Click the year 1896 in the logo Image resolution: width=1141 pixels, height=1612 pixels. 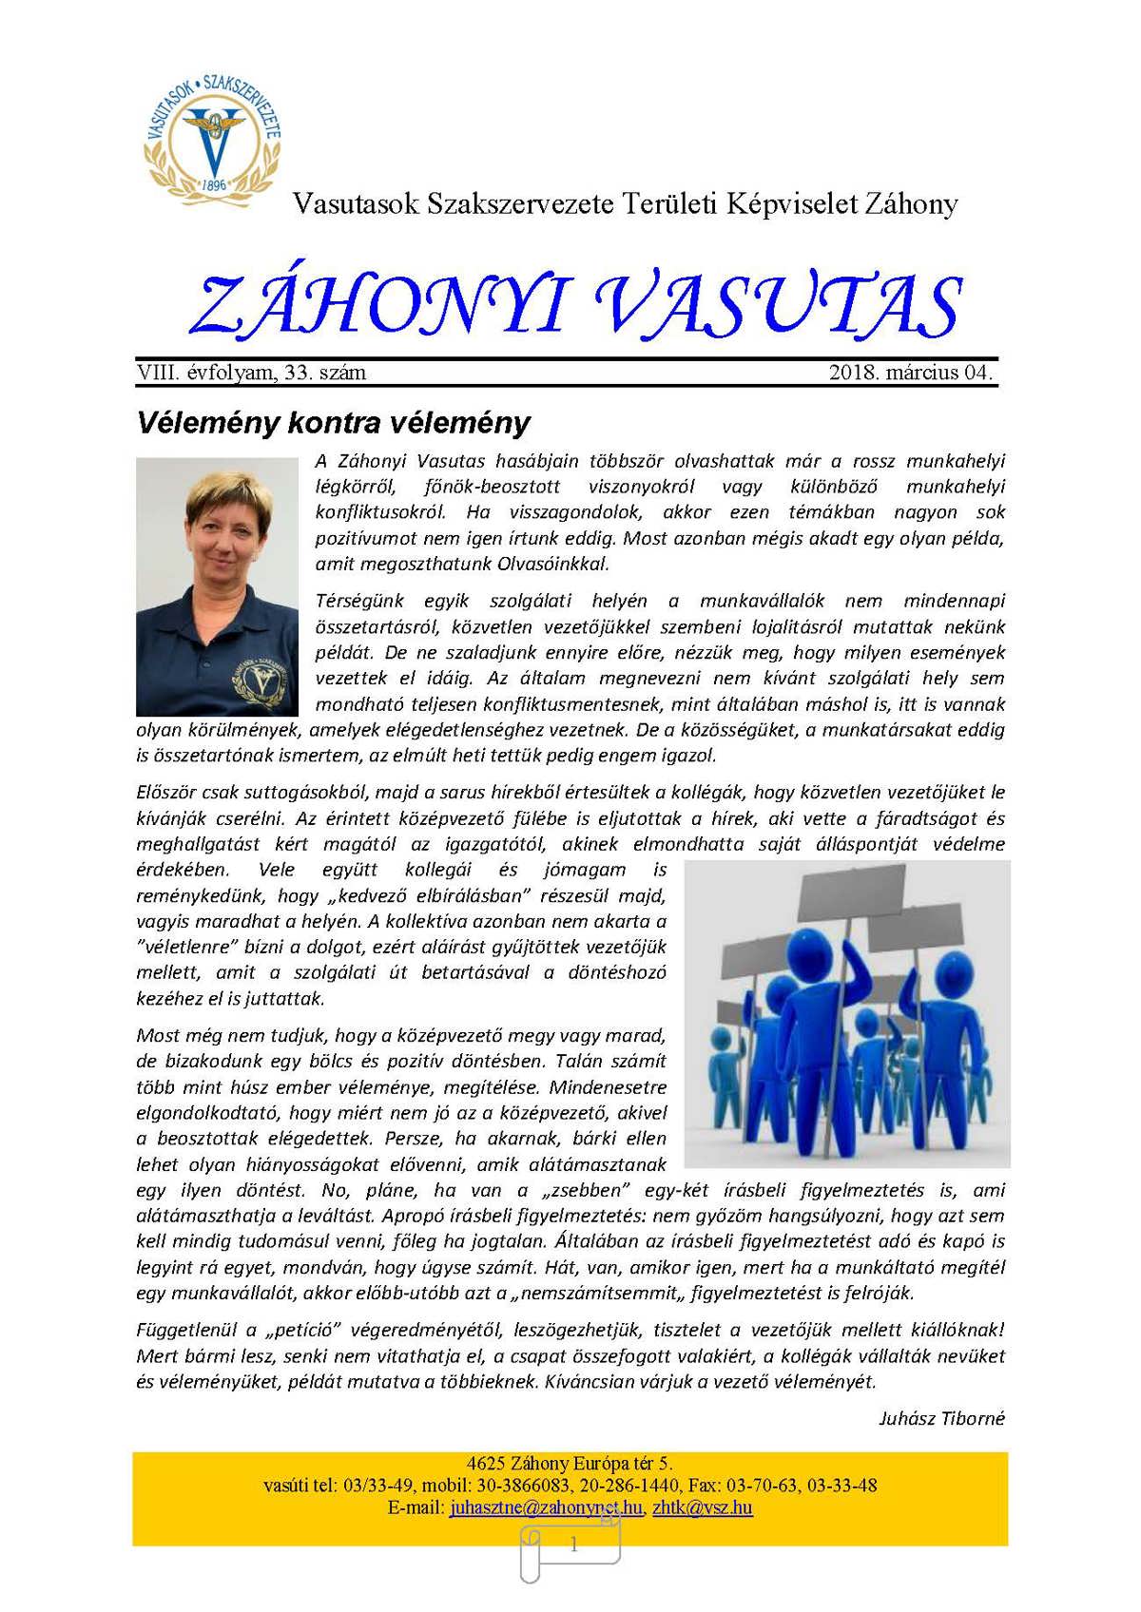215,184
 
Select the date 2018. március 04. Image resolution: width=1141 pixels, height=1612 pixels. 910,373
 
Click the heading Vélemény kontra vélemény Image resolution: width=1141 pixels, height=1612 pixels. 334,422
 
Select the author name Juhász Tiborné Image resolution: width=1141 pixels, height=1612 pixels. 941,1418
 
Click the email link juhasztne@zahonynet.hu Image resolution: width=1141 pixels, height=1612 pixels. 546,1507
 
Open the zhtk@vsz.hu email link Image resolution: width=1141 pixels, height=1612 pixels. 703,1507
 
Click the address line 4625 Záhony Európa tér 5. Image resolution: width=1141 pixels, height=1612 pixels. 570,1464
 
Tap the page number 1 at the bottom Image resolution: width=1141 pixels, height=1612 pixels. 573,1545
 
